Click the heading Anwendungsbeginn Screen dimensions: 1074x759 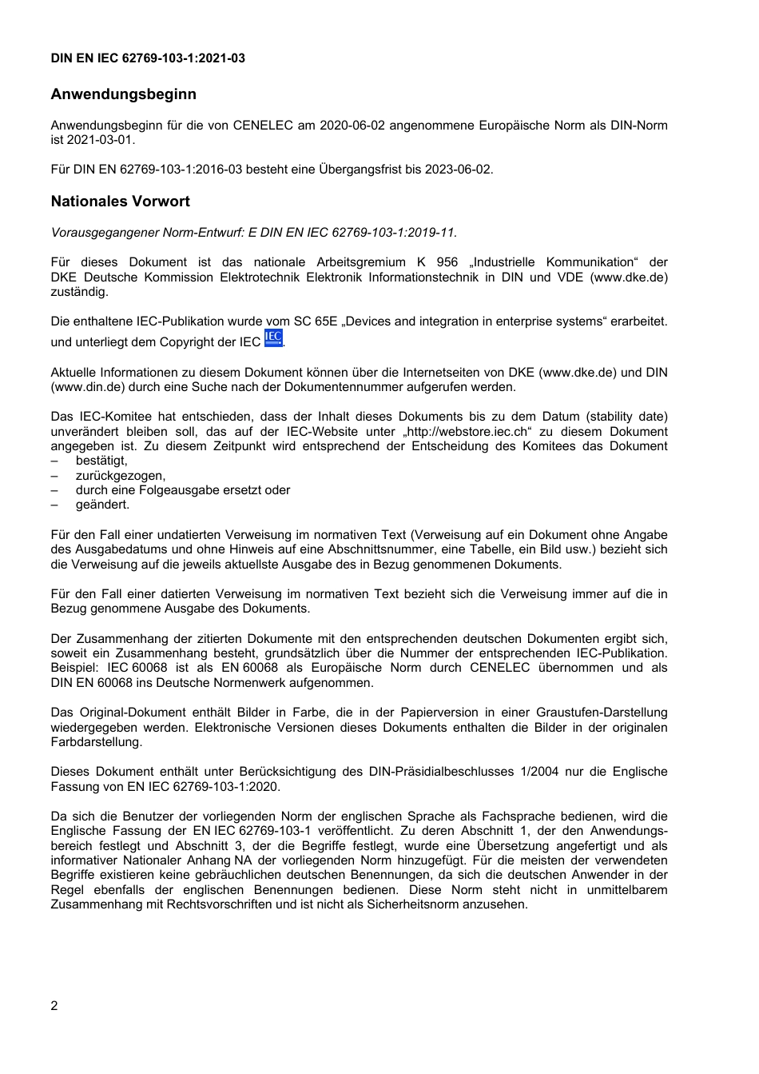pos(123,94)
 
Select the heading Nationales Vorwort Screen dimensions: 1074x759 pos(120,202)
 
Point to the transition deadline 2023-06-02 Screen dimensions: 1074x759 pos(459,170)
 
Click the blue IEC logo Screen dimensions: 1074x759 pos(273,338)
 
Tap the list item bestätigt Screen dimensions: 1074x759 pos(101,461)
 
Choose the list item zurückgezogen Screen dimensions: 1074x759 pos(121,476)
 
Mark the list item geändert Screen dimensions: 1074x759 pos(102,505)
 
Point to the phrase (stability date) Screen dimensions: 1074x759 pos(627,417)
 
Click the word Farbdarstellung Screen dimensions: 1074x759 pos(96,742)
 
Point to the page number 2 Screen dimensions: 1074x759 pos(54,1006)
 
